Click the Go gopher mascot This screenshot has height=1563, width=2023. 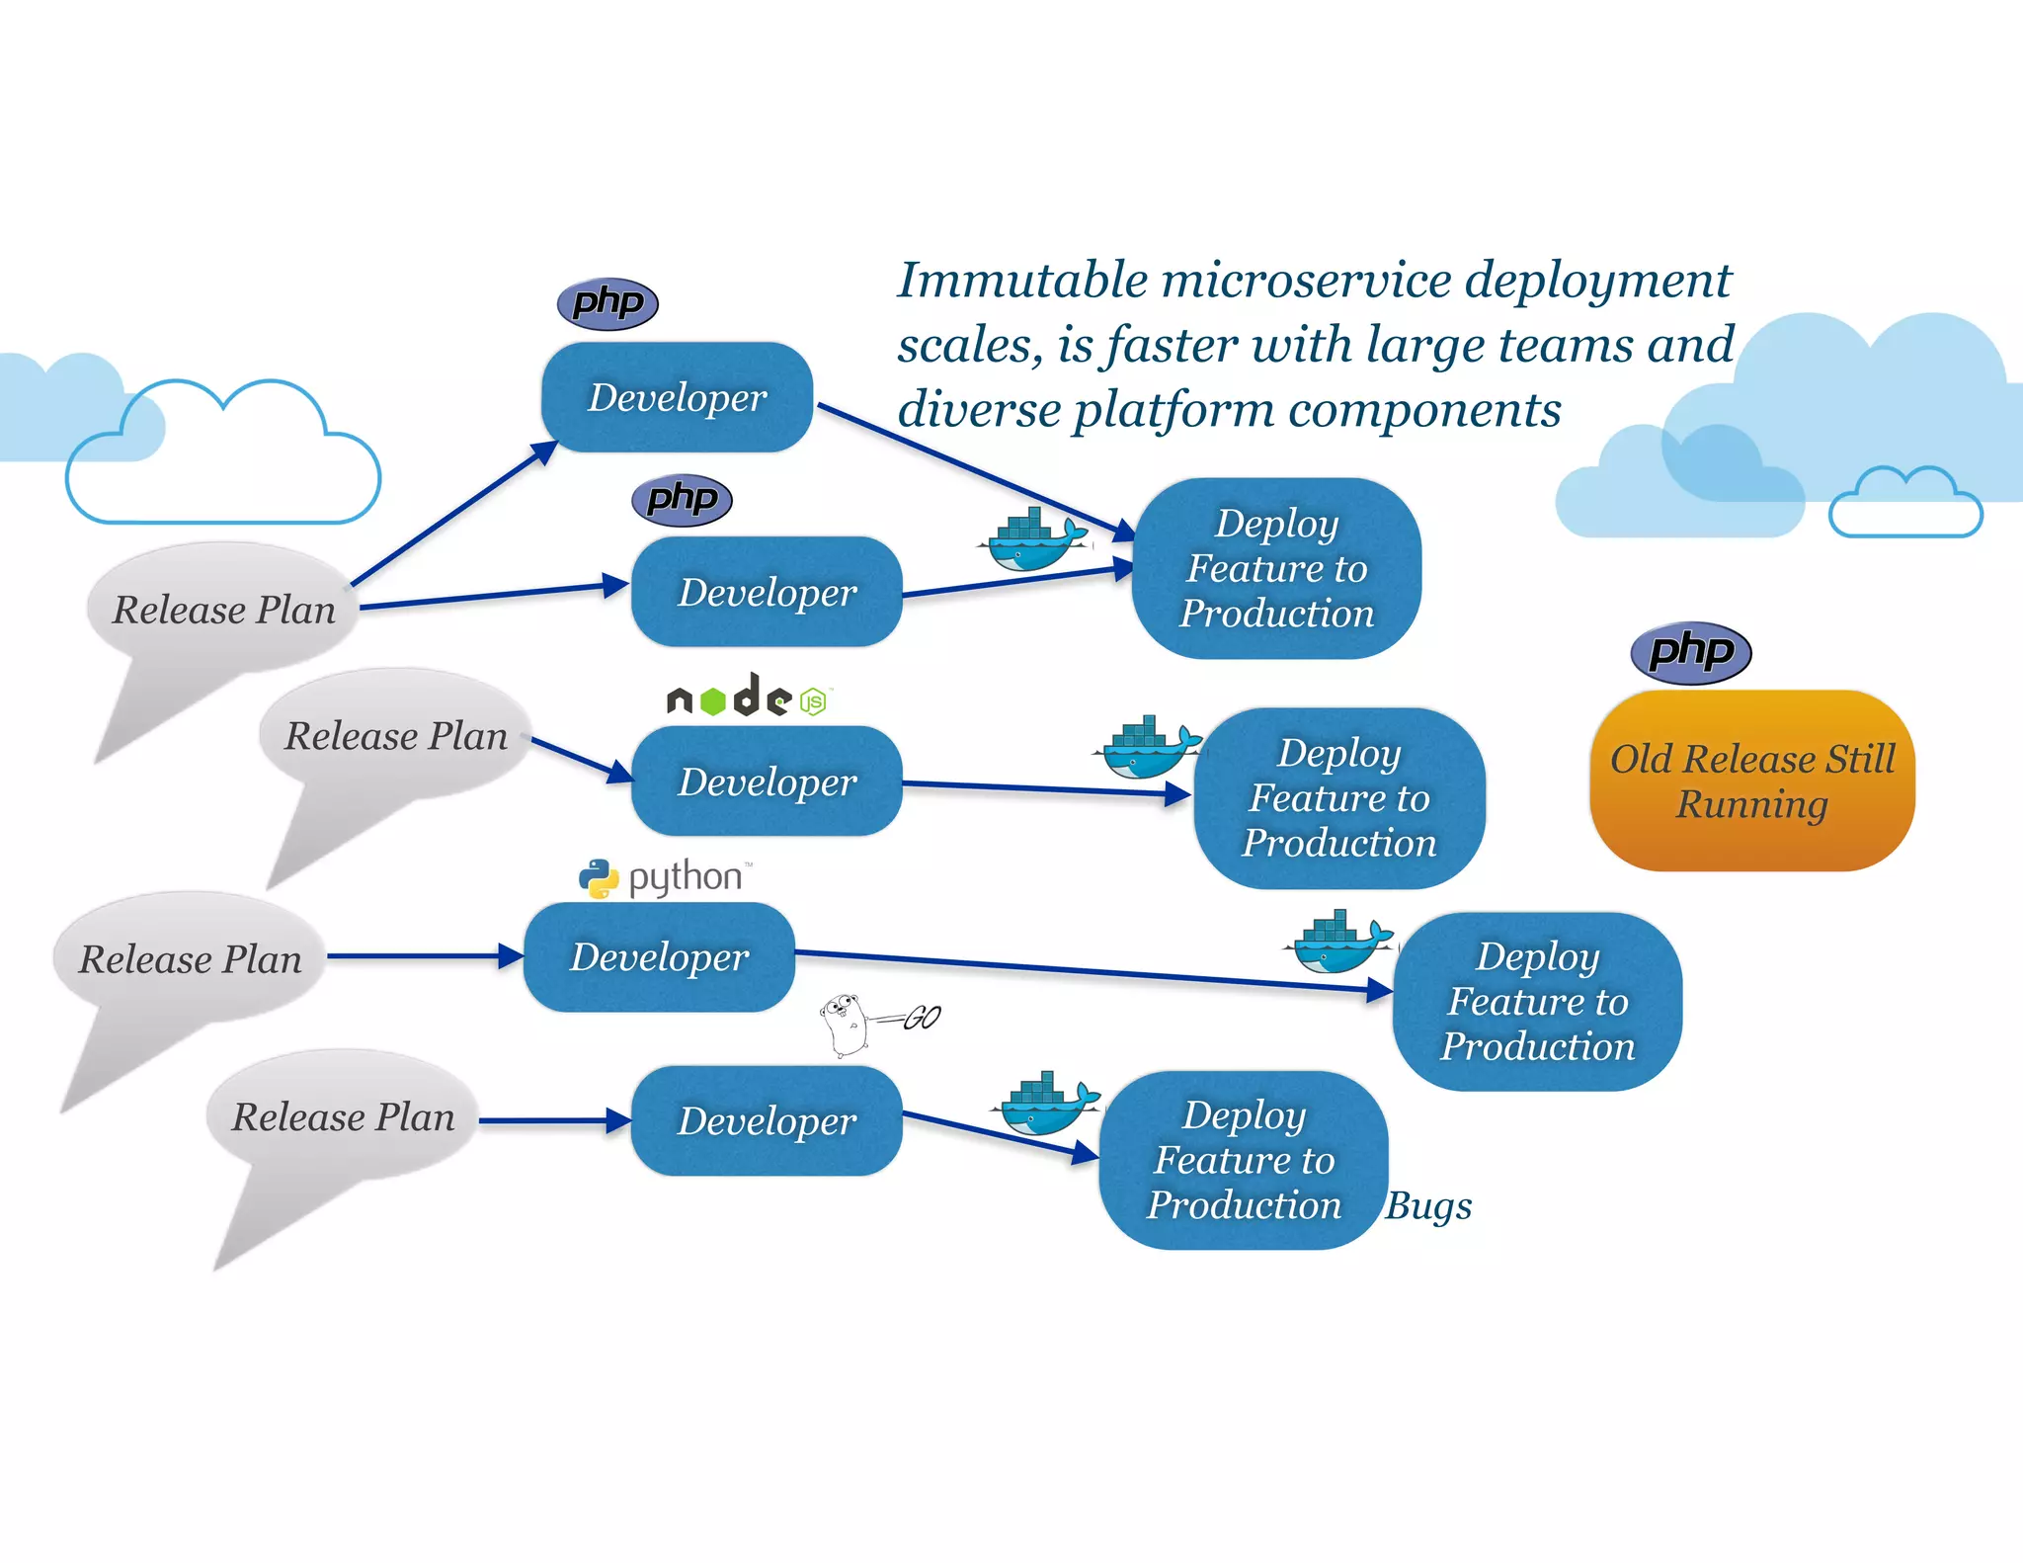click(846, 1025)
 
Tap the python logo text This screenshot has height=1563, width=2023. click(685, 876)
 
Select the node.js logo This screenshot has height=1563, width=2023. click(749, 698)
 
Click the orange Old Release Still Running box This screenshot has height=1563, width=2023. click(1751, 781)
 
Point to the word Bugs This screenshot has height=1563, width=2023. click(1428, 1205)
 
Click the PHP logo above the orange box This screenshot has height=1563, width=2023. click(1691, 652)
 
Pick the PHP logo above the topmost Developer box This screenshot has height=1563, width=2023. click(607, 302)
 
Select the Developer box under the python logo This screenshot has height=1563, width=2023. click(659, 956)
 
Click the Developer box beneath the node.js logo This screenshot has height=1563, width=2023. click(767, 781)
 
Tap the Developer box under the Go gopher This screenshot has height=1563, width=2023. click(767, 1120)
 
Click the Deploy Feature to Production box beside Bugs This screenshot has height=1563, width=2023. click(1244, 1160)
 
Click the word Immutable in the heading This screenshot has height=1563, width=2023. click(1022, 281)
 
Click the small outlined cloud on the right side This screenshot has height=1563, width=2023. click(1905, 506)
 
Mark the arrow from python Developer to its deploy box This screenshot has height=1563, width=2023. click(1087, 970)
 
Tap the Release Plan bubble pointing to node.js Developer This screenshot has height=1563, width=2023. click(395, 736)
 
